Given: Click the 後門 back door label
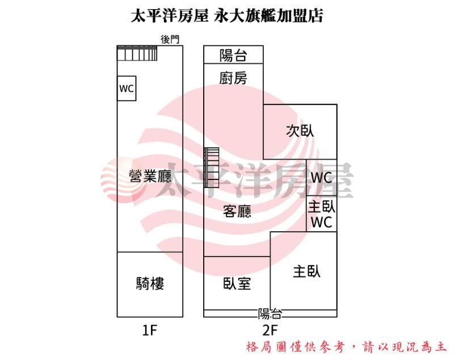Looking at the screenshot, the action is pos(170,39).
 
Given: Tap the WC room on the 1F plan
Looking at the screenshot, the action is pos(127,89).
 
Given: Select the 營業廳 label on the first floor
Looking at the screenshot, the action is pos(150,176).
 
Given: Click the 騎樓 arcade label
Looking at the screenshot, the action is pos(150,283).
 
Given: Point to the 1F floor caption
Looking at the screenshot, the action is pos(149,330).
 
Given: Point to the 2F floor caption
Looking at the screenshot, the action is pos(270,330).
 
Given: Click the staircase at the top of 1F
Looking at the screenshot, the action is pos(137,53).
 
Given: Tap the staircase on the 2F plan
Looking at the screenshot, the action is pos(212,168).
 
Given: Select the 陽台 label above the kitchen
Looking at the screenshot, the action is pos(233,55).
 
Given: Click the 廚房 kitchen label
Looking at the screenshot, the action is pos(233,78).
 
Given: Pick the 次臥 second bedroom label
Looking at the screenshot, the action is pos(300,131).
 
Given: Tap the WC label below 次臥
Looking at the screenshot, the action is pos(321,177).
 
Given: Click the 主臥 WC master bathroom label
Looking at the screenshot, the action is pos(321,214).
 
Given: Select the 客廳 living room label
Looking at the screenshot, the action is pos(237,211).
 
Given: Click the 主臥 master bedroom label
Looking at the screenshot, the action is pos(306,271).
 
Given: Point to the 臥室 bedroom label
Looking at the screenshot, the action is pos(237,283).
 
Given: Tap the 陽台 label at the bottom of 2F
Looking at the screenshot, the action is pos(270,313).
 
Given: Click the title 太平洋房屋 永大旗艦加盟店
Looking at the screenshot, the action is pos(227,15).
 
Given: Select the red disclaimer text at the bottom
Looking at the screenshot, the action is pos(346,347).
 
